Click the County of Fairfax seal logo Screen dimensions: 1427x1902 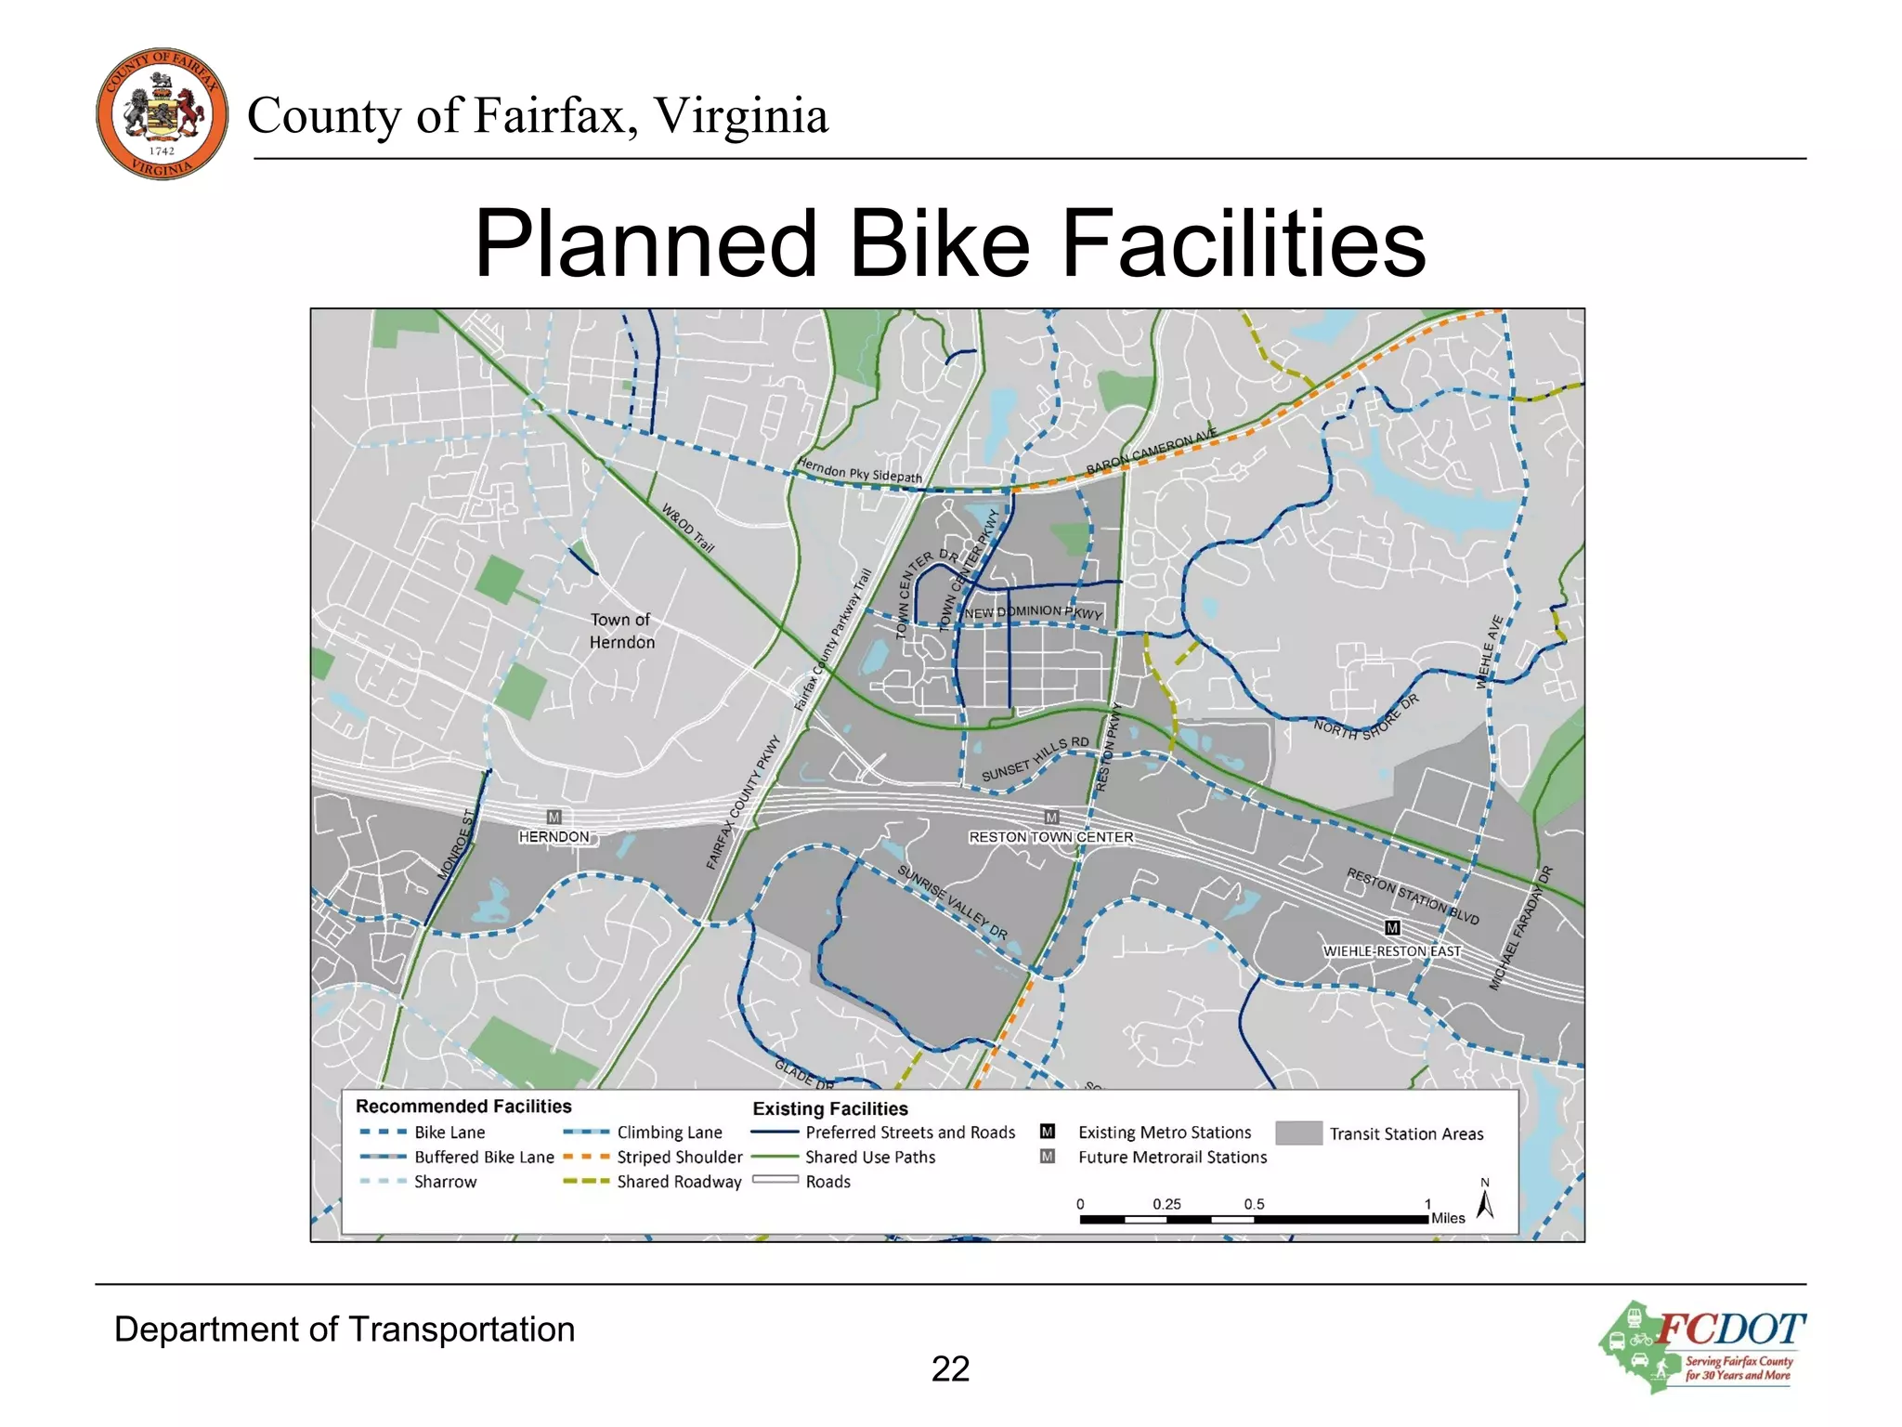click(x=162, y=113)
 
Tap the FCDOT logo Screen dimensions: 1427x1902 click(x=1701, y=1346)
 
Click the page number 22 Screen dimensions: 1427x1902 click(x=950, y=1368)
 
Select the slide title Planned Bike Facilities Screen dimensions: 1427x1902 click(x=950, y=243)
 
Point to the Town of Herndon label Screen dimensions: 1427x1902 click(x=621, y=631)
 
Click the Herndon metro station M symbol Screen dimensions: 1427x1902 click(x=554, y=817)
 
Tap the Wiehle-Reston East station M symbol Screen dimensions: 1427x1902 click(x=1392, y=927)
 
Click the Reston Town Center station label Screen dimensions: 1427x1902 click(x=1050, y=837)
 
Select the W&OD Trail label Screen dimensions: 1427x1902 click(x=688, y=528)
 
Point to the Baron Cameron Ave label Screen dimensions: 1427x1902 click(x=1152, y=452)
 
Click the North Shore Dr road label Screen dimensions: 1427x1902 click(x=1366, y=717)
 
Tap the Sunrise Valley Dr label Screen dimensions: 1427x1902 click(x=952, y=901)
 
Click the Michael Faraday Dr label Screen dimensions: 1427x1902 click(x=1521, y=928)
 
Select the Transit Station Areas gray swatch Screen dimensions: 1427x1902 click(x=1298, y=1132)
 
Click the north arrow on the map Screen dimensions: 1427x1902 click(x=1485, y=1202)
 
